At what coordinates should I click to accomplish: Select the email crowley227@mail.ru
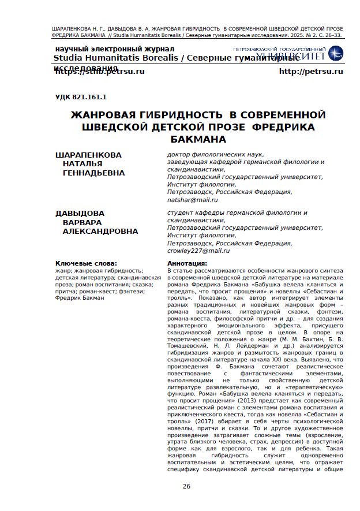point(198,251)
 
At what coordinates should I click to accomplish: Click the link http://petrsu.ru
point(310,71)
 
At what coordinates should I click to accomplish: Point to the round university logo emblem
point(335,54)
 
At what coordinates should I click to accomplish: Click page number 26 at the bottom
point(186,486)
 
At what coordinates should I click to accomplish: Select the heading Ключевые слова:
point(85,263)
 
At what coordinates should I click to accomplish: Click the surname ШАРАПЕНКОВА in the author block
point(88,155)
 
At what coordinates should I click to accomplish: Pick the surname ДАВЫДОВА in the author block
point(80,214)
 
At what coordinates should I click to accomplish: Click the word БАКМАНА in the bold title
point(198,139)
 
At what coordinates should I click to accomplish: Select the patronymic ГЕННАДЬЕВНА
point(93,173)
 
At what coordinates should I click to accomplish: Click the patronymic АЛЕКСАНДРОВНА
point(100,231)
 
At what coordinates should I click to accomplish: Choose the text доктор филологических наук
point(215,154)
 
